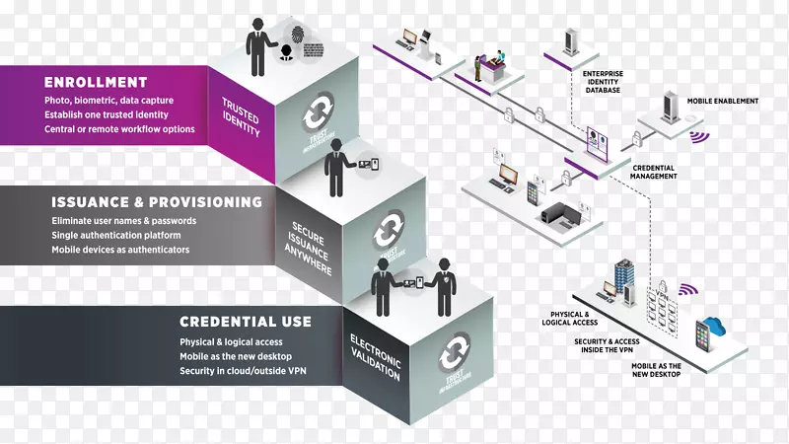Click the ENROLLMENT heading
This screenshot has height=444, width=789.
[96, 82]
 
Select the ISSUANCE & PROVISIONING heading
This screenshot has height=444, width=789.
[157, 201]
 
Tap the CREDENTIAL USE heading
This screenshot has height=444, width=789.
[246, 322]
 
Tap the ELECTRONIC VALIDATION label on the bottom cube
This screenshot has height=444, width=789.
[374, 357]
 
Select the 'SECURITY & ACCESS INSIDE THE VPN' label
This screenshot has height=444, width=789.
[608, 344]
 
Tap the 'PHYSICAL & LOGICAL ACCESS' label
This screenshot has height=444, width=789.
[577, 318]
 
